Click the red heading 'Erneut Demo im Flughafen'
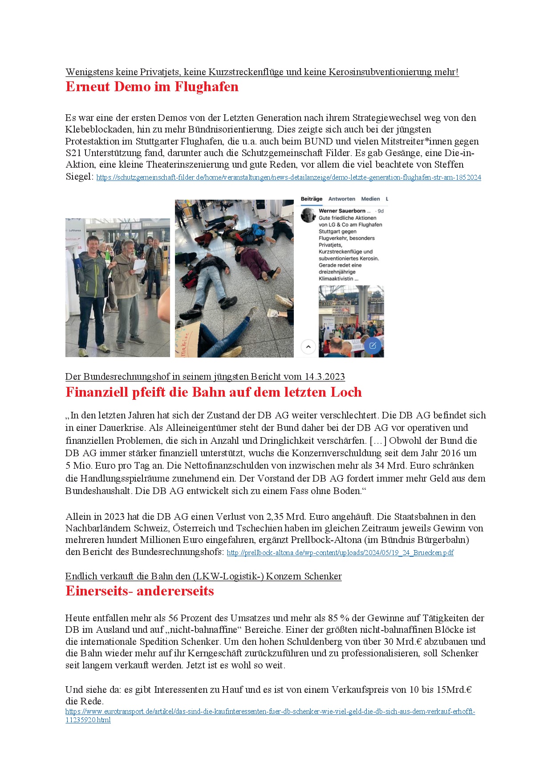tap(152, 87)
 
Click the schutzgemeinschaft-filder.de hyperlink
tap(288, 177)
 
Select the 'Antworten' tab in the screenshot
tap(341, 199)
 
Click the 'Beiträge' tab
tap(311, 199)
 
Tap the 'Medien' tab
tap(370, 199)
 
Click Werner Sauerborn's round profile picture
tap(308, 215)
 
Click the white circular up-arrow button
tap(308, 346)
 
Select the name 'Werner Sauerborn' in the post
tap(342, 211)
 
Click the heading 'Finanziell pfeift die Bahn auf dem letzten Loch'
tap(213, 392)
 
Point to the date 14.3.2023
tap(325, 377)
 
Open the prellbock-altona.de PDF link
tap(340, 553)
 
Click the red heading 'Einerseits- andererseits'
tap(139, 591)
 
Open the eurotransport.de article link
tap(270, 712)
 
